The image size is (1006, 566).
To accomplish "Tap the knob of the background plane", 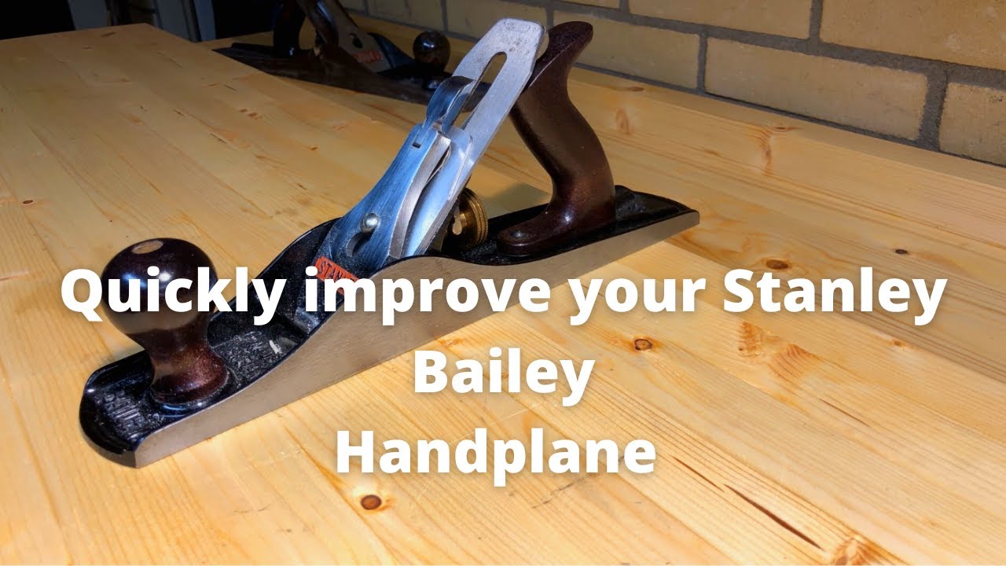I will tap(431, 49).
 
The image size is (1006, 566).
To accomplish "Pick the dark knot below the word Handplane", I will tap(371, 501).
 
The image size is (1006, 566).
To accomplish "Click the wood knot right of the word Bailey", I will tap(643, 344).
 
